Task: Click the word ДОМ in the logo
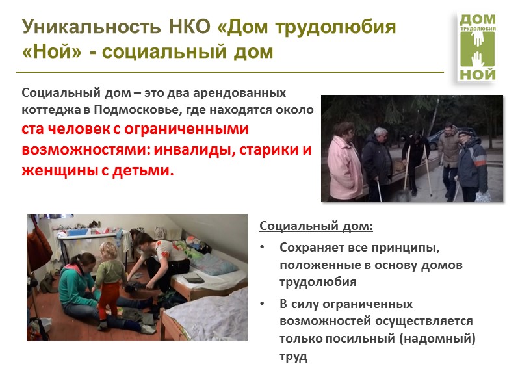click(477, 19)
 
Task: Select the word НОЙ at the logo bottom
click(478, 74)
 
